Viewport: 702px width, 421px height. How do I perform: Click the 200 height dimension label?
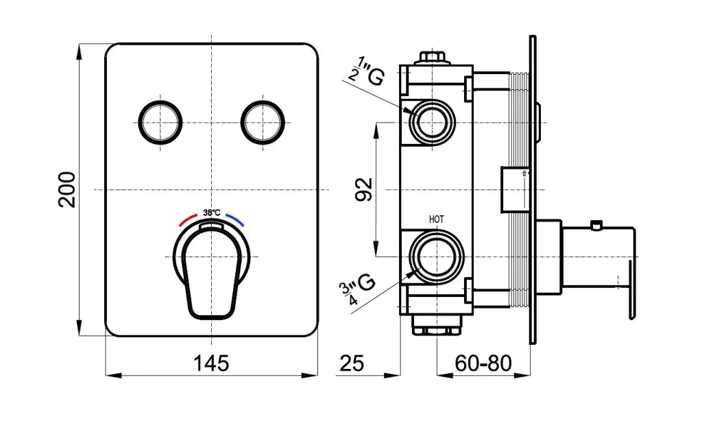[x=66, y=189]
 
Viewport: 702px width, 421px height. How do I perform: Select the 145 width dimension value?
[x=211, y=363]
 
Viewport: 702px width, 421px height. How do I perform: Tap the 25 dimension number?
[x=352, y=363]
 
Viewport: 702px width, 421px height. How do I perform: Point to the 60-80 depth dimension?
[x=483, y=363]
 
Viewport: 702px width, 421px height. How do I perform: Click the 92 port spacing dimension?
[x=364, y=189]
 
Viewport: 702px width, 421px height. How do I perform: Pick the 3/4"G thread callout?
[x=356, y=289]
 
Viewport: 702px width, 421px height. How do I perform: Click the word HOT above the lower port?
[x=437, y=219]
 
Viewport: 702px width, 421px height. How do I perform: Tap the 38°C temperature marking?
[x=212, y=213]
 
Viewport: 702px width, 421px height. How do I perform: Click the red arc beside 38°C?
[x=187, y=219]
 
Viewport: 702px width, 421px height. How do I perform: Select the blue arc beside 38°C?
[x=236, y=219]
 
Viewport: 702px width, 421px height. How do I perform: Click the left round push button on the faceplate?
[x=160, y=122]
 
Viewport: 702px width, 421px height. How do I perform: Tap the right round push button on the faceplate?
[x=263, y=122]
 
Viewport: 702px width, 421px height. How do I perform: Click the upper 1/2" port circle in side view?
[x=432, y=122]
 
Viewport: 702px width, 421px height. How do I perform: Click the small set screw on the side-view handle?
[x=596, y=225]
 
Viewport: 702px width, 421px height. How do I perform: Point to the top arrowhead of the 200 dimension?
[x=80, y=51]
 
